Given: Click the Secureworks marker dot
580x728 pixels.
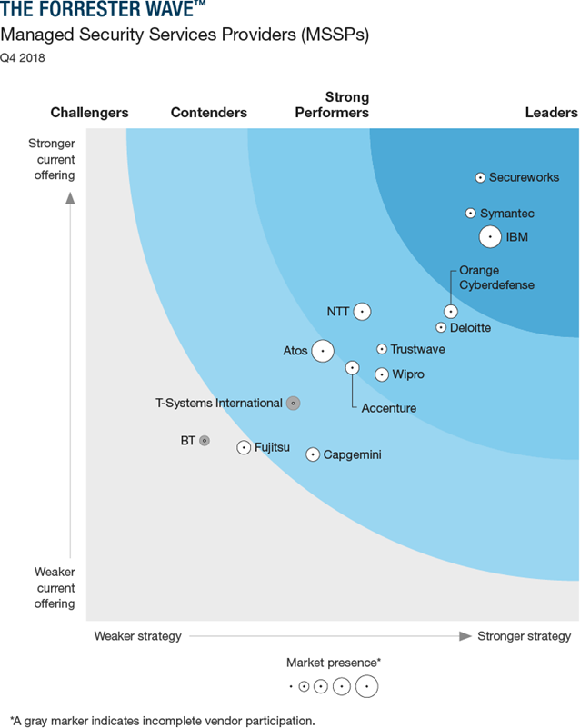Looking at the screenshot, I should [x=480, y=177].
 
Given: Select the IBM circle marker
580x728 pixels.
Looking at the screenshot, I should [x=490, y=237].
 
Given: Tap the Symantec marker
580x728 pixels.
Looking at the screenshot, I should [x=471, y=214].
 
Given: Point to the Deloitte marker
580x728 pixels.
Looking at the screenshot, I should [x=441, y=327].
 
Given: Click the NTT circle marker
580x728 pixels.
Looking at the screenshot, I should [x=362, y=312].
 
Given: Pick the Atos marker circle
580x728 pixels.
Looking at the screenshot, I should [x=322, y=351].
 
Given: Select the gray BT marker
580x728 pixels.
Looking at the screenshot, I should [x=205, y=441].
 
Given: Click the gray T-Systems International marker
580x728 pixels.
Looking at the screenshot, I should [x=293, y=403].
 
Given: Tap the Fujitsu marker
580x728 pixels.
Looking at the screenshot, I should [x=244, y=447].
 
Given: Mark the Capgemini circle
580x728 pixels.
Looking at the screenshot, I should [x=313, y=454].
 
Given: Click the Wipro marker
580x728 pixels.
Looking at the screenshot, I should [x=382, y=374].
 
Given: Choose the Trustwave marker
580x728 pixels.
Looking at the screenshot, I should [x=382, y=349].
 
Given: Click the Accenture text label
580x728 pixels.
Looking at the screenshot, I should [x=388, y=408].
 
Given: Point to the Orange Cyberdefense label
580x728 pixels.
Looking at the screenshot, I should [x=496, y=277].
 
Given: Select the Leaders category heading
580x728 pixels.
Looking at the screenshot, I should [x=551, y=113].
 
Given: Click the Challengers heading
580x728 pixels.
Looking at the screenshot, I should [x=89, y=113].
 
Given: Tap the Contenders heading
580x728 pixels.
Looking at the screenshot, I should [x=209, y=113].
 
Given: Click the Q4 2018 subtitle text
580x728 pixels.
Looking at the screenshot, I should [x=22, y=58].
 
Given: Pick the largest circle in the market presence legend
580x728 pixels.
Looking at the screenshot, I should [x=367, y=687].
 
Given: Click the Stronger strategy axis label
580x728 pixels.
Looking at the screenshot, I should [x=525, y=635].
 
